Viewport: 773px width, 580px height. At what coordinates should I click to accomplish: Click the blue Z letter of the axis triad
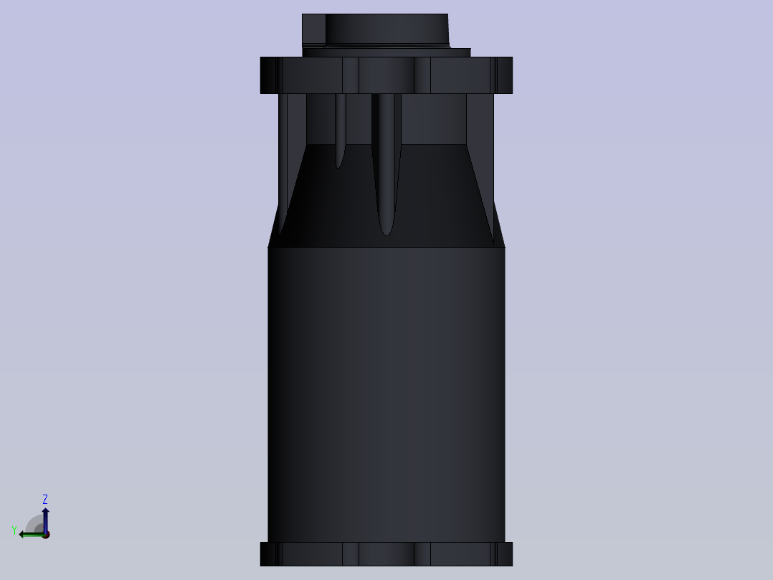point(45,499)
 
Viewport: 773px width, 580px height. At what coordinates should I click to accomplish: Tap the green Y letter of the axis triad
point(14,530)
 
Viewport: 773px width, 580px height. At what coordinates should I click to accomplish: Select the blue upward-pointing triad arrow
point(45,520)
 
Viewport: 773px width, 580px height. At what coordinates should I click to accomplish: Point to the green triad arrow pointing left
point(32,535)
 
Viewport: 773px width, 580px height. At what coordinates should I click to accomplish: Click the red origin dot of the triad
point(46,535)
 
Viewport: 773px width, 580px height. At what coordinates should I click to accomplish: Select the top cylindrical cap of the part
point(376,31)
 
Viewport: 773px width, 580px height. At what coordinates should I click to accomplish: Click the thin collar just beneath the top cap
point(386,52)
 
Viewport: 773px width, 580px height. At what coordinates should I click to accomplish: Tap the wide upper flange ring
point(386,75)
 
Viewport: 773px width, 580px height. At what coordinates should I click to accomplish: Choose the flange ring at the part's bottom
point(386,554)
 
